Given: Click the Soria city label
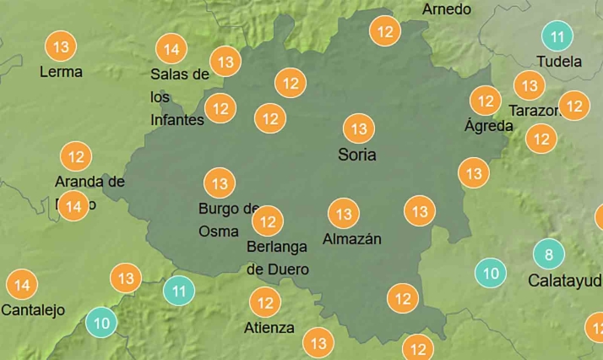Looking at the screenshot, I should (x=356, y=155).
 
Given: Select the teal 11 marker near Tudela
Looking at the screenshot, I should (x=557, y=36).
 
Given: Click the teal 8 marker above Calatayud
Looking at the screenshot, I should (x=549, y=254).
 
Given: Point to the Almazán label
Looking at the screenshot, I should (x=352, y=239).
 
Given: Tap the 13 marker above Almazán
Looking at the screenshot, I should (x=344, y=213).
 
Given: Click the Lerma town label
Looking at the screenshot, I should (x=61, y=72).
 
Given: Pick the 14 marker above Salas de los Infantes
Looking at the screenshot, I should (x=171, y=50).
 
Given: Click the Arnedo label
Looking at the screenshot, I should (x=446, y=9).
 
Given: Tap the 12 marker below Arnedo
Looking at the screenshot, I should (x=386, y=32).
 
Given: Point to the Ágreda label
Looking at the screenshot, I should (x=488, y=126).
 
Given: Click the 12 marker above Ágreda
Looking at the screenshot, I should (x=486, y=101).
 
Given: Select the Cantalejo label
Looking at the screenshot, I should (x=33, y=310).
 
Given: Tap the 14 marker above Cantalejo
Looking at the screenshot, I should (x=22, y=285).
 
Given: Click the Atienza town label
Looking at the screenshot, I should (x=269, y=328).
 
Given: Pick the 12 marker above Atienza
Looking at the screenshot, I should (x=265, y=302).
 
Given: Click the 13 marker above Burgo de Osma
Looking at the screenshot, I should (x=220, y=183).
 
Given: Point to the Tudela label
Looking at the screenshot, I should (x=559, y=62).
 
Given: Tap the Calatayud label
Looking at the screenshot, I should (x=565, y=280).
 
